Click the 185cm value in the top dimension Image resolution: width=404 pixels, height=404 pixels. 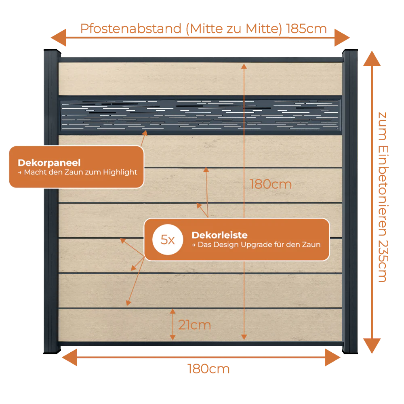[306, 29]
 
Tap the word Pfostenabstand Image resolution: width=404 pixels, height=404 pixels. [131, 29]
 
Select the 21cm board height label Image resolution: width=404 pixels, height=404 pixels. [195, 325]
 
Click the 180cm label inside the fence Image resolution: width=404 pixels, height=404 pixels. [271, 184]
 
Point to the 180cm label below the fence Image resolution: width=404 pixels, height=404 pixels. [208, 369]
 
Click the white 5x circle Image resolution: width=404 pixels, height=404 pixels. [168, 240]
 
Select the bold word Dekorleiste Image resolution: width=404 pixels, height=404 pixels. [219, 235]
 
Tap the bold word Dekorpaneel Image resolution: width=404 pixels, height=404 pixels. [49, 162]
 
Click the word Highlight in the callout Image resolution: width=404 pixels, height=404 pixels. [120, 173]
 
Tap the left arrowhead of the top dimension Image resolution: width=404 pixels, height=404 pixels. [59, 38]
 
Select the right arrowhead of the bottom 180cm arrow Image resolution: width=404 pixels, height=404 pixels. [332, 358]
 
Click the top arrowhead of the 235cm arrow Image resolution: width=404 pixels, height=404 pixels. [372, 59]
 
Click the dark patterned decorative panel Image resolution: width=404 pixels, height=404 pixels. [200, 115]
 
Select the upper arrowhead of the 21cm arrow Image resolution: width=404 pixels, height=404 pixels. [173, 312]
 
